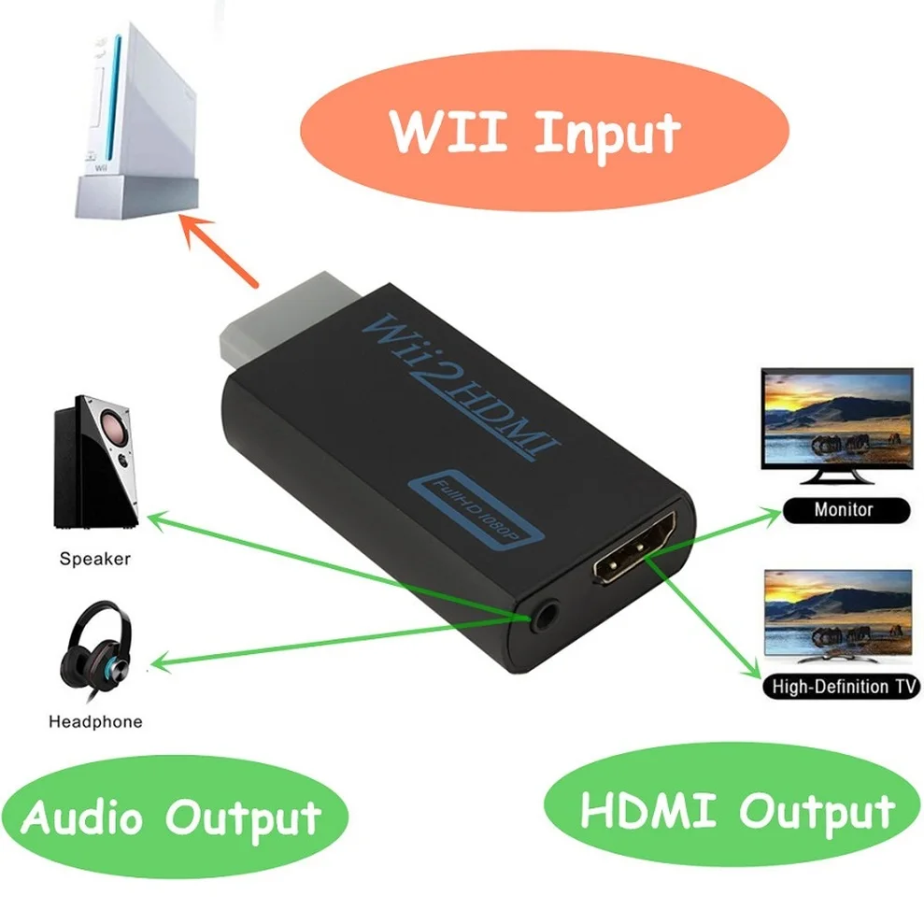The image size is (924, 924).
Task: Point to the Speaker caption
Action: tap(94, 560)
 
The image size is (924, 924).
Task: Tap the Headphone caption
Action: tap(95, 721)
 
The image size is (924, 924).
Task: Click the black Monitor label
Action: tap(844, 509)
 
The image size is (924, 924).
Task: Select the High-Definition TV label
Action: tap(840, 687)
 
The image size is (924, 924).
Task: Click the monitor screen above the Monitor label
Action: tap(836, 419)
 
